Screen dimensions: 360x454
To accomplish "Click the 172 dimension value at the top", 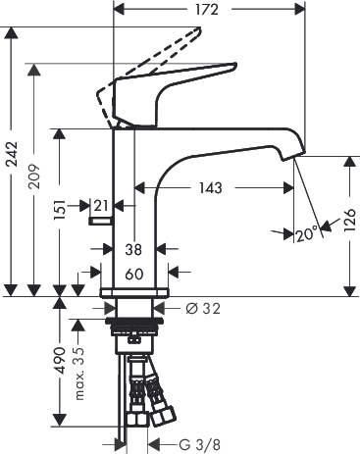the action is (x=207, y=10).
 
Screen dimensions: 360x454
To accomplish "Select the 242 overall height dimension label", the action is (x=14, y=154).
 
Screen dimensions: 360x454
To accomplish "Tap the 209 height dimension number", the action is (x=34, y=176).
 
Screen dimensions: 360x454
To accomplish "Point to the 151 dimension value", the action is (x=60, y=210).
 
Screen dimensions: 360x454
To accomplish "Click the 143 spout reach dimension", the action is (x=211, y=188).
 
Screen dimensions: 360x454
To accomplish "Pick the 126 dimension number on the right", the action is (x=350, y=220).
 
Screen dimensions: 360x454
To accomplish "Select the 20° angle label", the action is (x=307, y=234).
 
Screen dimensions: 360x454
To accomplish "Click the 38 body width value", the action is (x=133, y=250).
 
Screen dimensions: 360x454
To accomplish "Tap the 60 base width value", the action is (x=134, y=274).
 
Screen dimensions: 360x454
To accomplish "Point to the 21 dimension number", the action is (x=101, y=206).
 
